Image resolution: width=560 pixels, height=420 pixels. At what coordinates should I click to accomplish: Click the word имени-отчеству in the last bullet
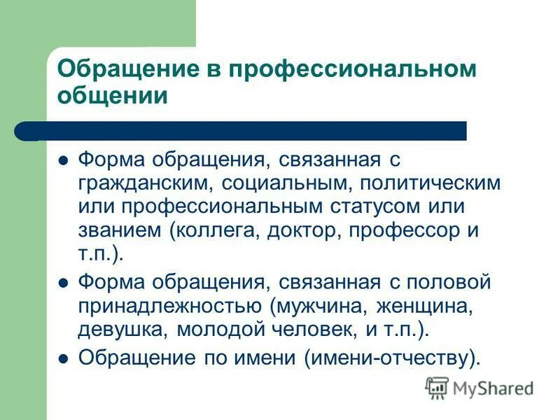tap(393, 357)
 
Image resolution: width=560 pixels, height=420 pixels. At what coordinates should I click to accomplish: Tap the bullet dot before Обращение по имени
tap(63, 358)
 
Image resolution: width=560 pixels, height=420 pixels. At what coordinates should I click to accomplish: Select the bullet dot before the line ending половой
tap(63, 283)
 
